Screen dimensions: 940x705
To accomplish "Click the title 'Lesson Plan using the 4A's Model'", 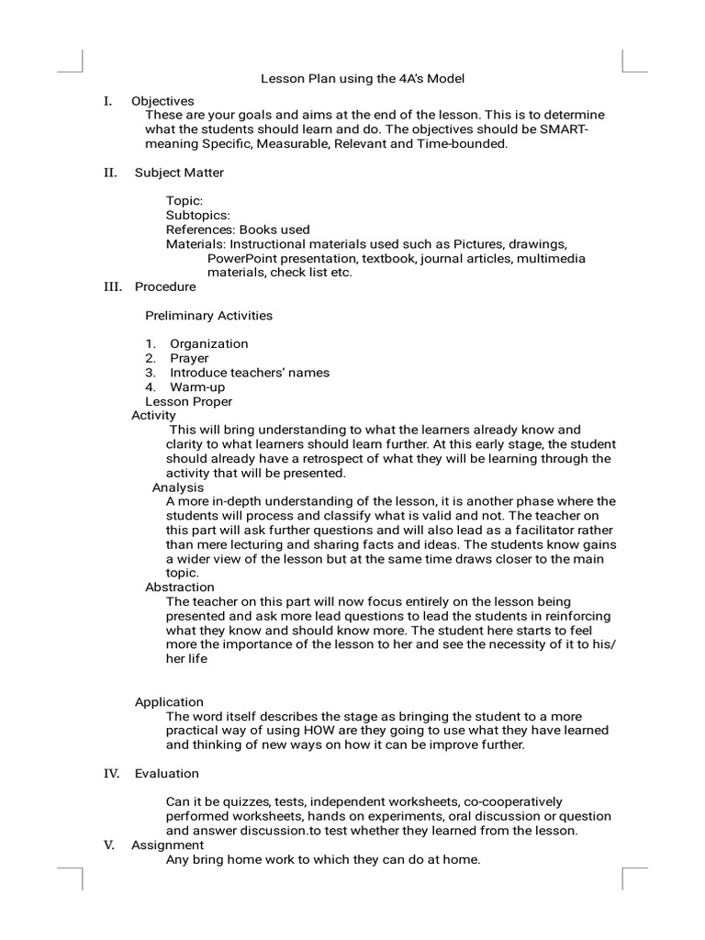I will (363, 79).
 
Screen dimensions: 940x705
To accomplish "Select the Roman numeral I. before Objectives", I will (107, 101).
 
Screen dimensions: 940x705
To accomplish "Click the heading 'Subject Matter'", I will (179, 173).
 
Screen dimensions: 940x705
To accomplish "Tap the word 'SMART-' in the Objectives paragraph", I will (553, 129).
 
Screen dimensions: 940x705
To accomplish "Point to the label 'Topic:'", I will (185, 200).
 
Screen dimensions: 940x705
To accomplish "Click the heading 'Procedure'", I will (165, 286).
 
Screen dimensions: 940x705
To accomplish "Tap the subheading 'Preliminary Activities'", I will (208, 316).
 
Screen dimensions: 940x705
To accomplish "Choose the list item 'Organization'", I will (208, 344).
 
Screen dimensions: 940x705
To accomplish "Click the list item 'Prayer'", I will (189, 358).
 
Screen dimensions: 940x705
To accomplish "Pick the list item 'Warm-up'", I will (196, 387).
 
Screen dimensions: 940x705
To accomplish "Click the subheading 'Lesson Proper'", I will (189, 401).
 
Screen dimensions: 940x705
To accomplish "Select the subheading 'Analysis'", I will (178, 487).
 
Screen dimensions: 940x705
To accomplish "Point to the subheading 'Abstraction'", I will (180, 587).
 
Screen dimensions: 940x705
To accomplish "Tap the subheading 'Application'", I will (169, 702).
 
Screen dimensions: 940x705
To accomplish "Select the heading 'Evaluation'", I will (167, 774).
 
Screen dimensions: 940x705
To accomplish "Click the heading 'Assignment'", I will (167, 845).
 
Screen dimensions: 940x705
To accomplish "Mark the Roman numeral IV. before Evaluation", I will (111, 774).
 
